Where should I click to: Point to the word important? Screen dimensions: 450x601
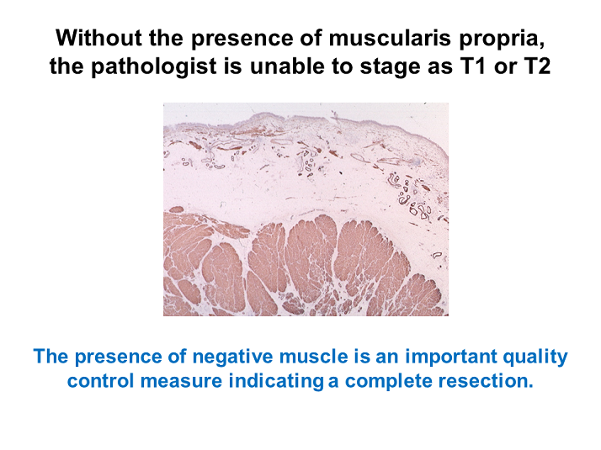tap(423, 356)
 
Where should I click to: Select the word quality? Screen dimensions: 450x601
tap(532, 356)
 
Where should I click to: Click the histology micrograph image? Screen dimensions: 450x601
tap(306, 209)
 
